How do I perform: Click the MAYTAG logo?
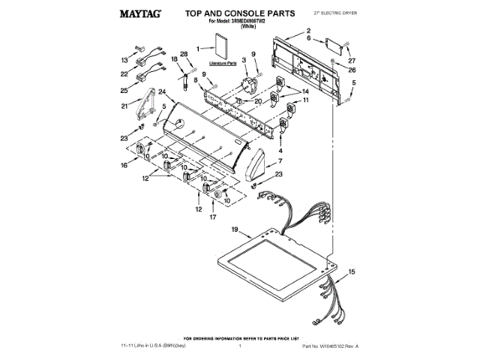click(x=142, y=13)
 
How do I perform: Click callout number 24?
click(x=161, y=91)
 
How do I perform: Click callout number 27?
click(x=352, y=60)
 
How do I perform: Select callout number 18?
click(x=173, y=58)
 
